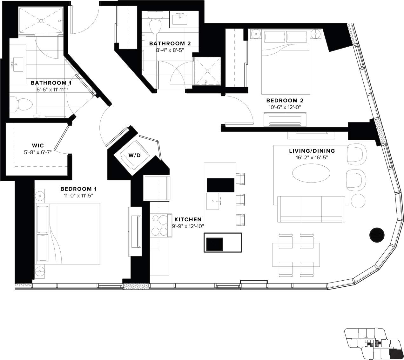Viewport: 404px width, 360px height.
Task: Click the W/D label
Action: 134,155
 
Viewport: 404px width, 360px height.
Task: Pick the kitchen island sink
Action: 213,201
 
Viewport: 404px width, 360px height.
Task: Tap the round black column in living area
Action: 377,235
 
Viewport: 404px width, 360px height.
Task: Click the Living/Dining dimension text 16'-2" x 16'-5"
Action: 312,157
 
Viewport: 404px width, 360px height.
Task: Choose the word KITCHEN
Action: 188,219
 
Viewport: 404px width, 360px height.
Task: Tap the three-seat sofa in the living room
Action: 311,209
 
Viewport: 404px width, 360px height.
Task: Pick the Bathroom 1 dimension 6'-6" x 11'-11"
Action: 51,90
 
